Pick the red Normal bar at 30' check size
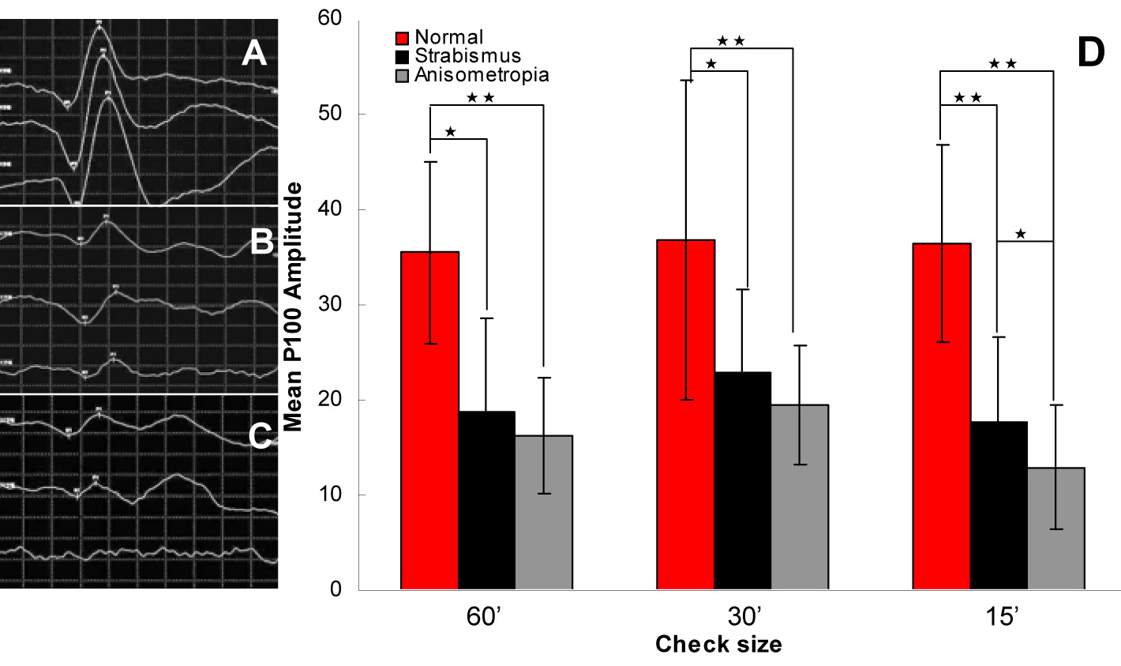tap(687, 415)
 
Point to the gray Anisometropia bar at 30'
tap(800, 497)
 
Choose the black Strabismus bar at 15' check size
tap(999, 506)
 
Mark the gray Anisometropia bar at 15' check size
tap(1055, 529)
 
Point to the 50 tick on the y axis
tap(335, 114)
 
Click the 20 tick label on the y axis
tap(335, 400)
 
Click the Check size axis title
tap(718, 645)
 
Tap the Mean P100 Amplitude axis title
tap(294, 307)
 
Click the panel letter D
tap(1090, 51)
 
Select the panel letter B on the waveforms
tap(261, 243)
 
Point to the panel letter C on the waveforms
tap(260, 435)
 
